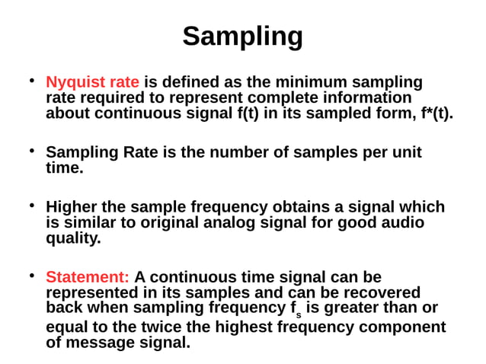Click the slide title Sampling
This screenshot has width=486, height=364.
[x=242, y=36]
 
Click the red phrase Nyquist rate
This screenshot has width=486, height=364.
[x=92, y=82]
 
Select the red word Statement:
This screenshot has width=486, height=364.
[x=87, y=277]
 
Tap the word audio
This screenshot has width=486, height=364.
[x=402, y=222]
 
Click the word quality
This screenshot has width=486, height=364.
[x=73, y=238]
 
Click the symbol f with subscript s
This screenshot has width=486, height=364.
[x=295, y=309]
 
